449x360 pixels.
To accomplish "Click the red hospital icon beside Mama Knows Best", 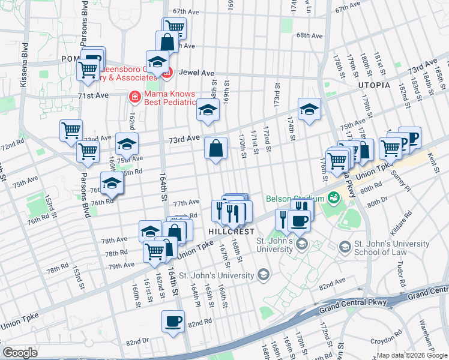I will [x=136, y=96].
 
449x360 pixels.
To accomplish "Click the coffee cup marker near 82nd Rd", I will [x=173, y=322].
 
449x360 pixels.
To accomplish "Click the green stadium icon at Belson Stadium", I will [x=329, y=209].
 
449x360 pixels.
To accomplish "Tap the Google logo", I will [x=20, y=353].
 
